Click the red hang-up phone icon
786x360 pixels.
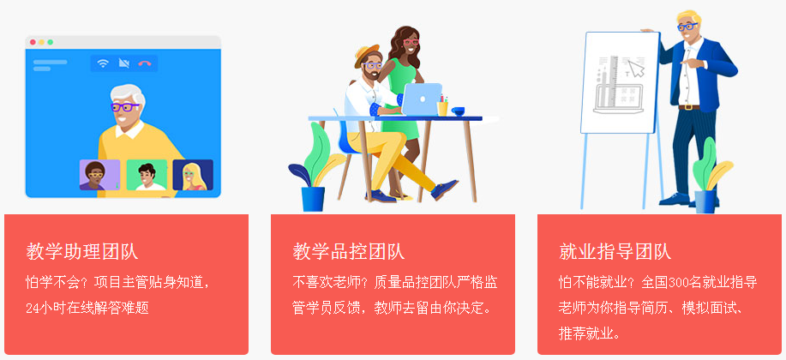[x=145, y=63]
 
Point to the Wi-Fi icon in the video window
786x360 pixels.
[x=103, y=63]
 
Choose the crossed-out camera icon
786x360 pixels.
[x=123, y=63]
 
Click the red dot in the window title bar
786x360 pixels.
[x=33, y=42]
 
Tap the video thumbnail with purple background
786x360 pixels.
[x=99, y=175]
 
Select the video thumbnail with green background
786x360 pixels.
[x=147, y=175]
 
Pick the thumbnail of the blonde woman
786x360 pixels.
[x=193, y=175]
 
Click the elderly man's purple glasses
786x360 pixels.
[x=124, y=107]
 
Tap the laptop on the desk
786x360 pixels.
[x=422, y=99]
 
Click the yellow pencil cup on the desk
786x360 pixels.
[x=442, y=108]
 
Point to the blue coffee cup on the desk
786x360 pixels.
[x=458, y=111]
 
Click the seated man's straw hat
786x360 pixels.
[x=367, y=55]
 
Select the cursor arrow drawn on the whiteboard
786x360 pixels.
[x=636, y=69]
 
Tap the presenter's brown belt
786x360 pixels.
[x=689, y=107]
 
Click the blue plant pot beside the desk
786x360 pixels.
[x=313, y=199]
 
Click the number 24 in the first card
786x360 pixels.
[x=32, y=308]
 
